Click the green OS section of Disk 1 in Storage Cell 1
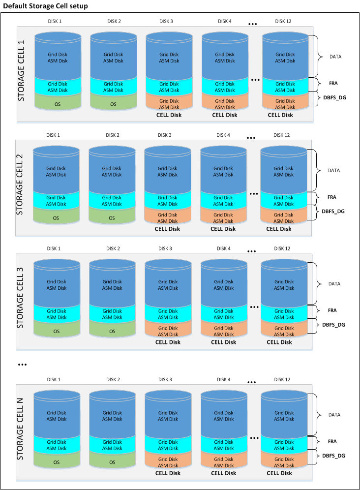58,104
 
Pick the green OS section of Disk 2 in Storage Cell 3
112,331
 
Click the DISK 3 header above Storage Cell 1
166,21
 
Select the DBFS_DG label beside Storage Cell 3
333,324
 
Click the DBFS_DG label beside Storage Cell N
333,456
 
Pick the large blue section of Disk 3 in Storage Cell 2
167,171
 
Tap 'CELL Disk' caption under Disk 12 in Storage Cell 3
280,342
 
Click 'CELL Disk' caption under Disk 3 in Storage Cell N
168,473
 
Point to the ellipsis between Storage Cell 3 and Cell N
22,365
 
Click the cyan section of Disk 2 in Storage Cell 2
112,201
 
